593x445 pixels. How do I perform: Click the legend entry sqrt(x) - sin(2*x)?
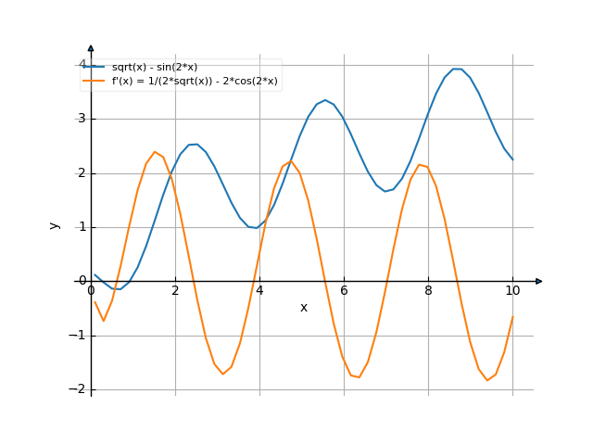click(x=154, y=67)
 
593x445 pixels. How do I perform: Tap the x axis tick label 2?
click(x=175, y=291)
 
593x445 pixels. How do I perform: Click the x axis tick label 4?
click(x=259, y=291)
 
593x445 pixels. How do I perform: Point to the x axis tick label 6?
click(x=344, y=291)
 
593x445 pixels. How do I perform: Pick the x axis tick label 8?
click(x=428, y=291)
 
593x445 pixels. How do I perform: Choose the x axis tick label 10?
click(x=512, y=291)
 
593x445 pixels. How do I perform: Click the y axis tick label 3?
click(x=81, y=119)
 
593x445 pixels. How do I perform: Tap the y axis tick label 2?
click(x=81, y=172)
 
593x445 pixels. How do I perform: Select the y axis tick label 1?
click(x=81, y=227)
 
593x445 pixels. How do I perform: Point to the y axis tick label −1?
click(x=77, y=336)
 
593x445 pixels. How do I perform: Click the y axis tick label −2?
click(x=77, y=389)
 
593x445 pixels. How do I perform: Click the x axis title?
click(x=303, y=308)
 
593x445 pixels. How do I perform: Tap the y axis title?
click(x=55, y=225)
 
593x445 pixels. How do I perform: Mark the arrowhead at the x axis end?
click(x=539, y=281)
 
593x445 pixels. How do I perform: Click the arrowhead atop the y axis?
click(x=91, y=47)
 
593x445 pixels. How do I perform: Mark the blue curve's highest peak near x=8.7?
click(x=457, y=69)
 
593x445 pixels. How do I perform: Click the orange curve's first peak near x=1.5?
click(x=155, y=151)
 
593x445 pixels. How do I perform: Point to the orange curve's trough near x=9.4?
click(x=487, y=380)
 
